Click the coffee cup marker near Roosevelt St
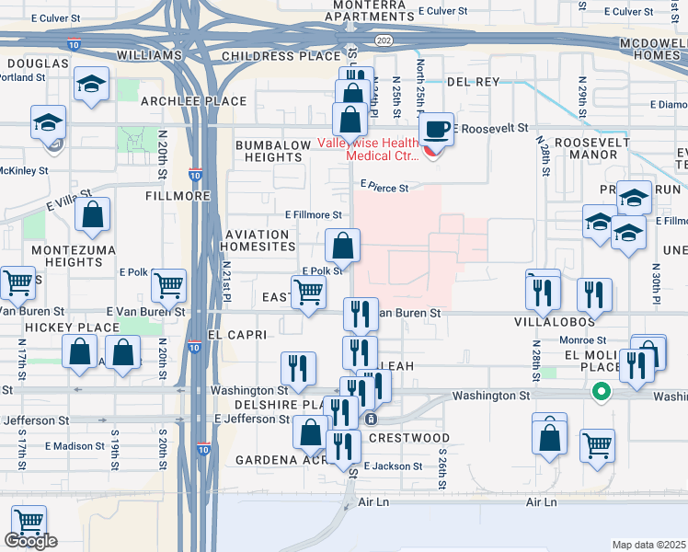coord(437,130)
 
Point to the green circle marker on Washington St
coord(602,392)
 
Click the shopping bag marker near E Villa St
coord(93,215)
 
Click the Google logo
coord(31,542)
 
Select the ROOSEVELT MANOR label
coord(579,148)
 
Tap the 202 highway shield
coord(384,40)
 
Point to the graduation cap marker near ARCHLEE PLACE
coord(92,85)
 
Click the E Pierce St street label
coord(383,186)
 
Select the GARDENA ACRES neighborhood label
coord(276,459)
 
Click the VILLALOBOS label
coord(554,322)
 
